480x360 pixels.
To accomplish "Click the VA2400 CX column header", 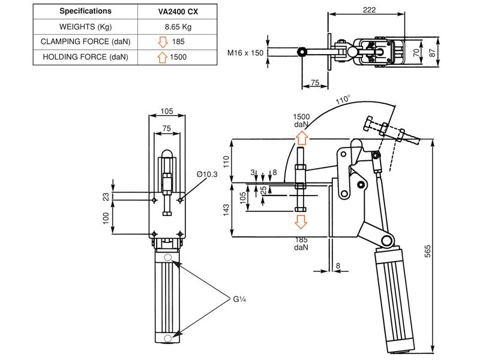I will point(175,11).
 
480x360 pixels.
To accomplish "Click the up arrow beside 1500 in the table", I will point(161,57).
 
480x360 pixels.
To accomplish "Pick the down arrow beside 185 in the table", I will point(161,42).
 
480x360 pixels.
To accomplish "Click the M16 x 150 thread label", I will point(245,53).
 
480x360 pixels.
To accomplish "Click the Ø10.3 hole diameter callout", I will point(206,174).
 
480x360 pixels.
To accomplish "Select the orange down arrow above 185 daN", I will point(301,222).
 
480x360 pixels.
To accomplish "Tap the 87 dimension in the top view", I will point(442,52).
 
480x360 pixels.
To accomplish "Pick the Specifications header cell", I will point(85,11).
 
